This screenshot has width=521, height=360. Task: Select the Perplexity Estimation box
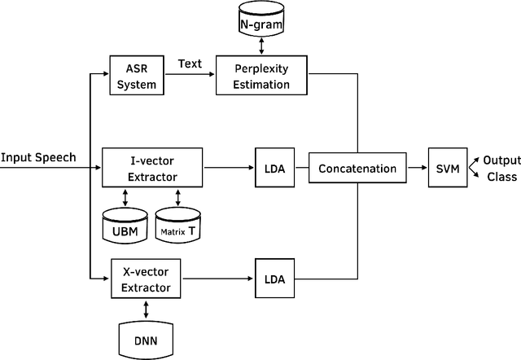(x=264, y=74)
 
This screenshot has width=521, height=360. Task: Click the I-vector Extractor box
(x=152, y=168)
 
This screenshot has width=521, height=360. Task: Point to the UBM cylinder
(x=125, y=222)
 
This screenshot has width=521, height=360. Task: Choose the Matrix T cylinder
(x=178, y=222)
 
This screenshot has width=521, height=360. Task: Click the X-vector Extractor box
(x=146, y=279)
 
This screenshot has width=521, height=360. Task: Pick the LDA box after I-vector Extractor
(x=274, y=169)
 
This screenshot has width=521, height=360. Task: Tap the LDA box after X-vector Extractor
(x=274, y=279)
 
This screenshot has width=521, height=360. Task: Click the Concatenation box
(x=357, y=169)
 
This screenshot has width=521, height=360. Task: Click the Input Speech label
(x=39, y=157)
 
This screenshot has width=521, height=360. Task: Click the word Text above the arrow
(x=189, y=63)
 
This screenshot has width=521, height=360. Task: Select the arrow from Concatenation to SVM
(x=416, y=169)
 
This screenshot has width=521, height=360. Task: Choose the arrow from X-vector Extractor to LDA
(x=217, y=279)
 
